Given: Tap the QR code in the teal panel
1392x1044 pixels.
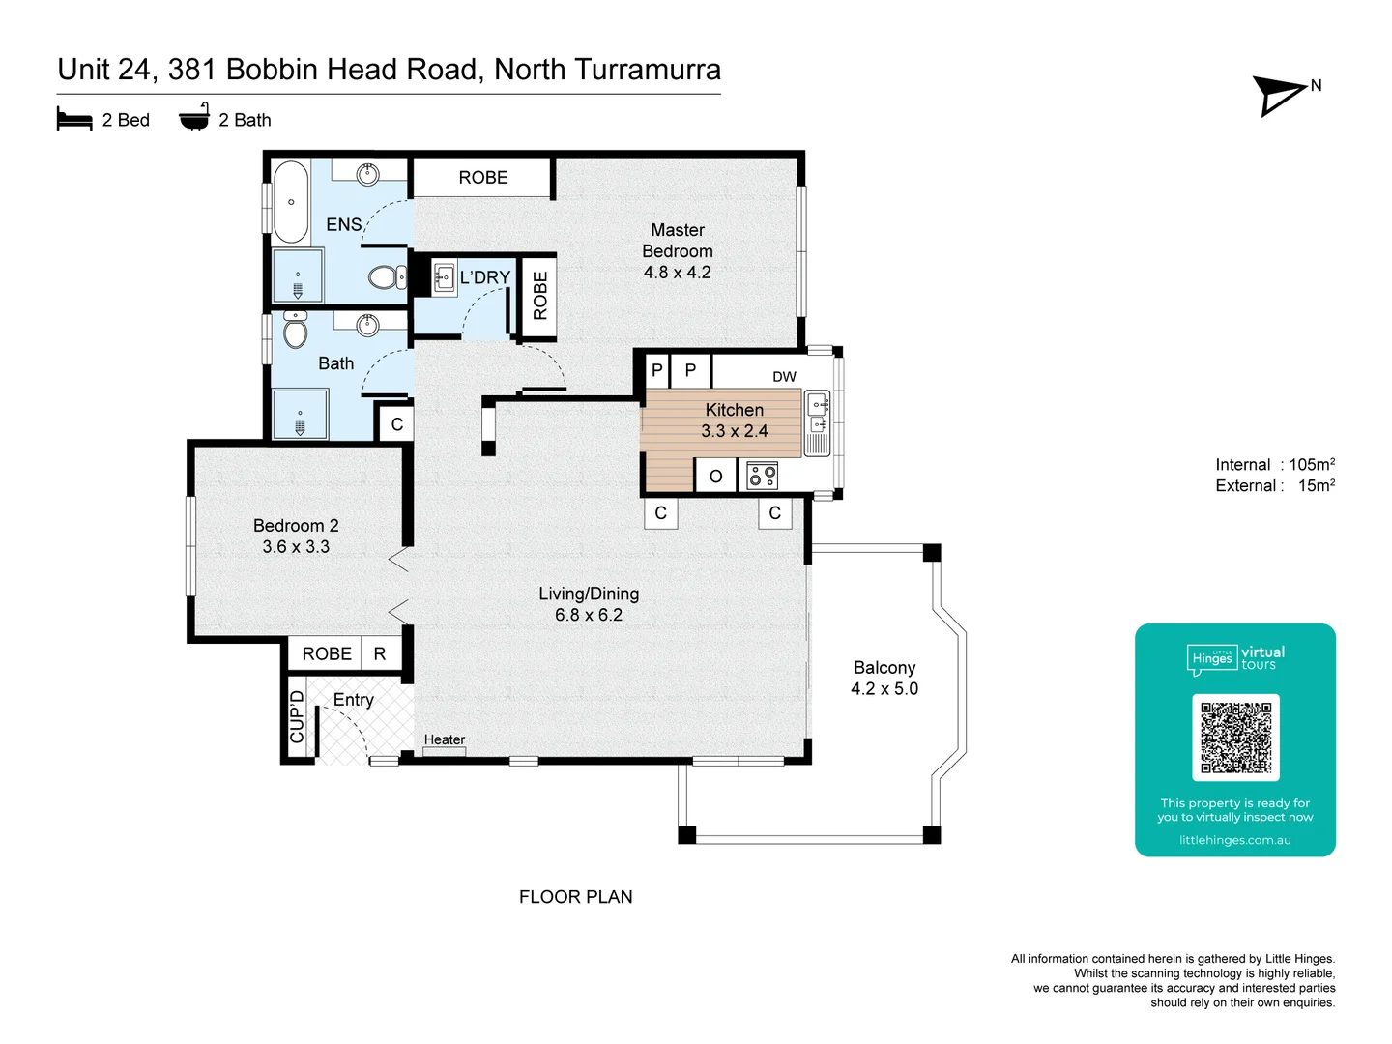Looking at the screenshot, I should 1235,738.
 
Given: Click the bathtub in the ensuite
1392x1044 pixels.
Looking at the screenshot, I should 291,202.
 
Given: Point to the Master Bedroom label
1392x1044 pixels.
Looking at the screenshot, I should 678,250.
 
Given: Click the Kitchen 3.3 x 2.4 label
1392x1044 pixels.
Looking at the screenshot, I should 735,420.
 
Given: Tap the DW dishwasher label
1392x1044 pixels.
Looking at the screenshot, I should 784,376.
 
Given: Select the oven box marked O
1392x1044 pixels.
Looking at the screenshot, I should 715,477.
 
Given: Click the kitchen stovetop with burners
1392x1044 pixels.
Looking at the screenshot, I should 762,476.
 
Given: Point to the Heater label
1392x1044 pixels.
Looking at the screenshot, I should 445,739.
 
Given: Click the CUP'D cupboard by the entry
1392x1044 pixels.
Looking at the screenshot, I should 297,716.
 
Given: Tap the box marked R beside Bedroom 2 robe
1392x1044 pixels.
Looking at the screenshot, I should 380,654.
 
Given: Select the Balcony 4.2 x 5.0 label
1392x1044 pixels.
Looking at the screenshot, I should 884,678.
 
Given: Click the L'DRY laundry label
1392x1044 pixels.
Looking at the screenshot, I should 484,277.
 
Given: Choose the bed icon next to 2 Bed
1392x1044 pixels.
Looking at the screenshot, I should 74,120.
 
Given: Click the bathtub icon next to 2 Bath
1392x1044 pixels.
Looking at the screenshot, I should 194,118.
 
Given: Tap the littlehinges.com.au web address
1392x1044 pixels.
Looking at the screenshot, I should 1234,840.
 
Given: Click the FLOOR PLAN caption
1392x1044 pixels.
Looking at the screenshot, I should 575,897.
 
